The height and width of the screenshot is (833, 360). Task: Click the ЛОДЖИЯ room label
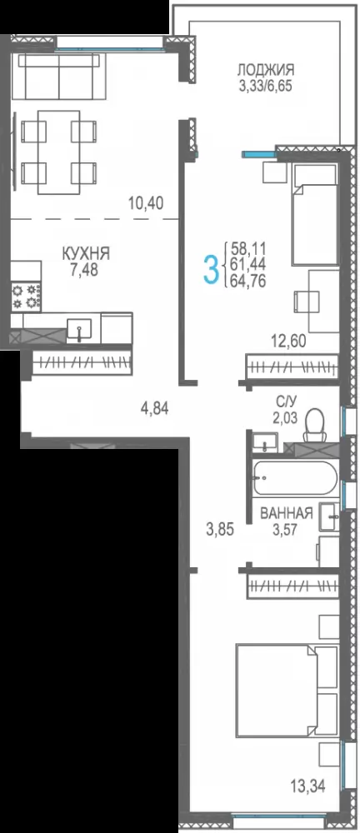click(265, 70)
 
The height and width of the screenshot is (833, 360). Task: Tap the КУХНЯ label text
click(86, 254)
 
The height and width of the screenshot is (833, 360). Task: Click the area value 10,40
click(145, 202)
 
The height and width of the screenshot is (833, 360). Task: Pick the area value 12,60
click(288, 341)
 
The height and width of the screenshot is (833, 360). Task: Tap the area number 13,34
click(307, 784)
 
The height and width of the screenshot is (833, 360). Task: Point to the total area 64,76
click(248, 281)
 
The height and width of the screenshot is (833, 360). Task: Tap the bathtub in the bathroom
click(295, 477)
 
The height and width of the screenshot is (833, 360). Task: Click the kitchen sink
click(78, 329)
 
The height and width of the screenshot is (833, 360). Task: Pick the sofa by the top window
click(58, 76)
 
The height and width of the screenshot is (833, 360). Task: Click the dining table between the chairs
click(58, 152)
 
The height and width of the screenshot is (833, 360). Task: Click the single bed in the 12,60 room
click(314, 215)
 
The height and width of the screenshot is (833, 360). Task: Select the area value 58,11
click(248, 248)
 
